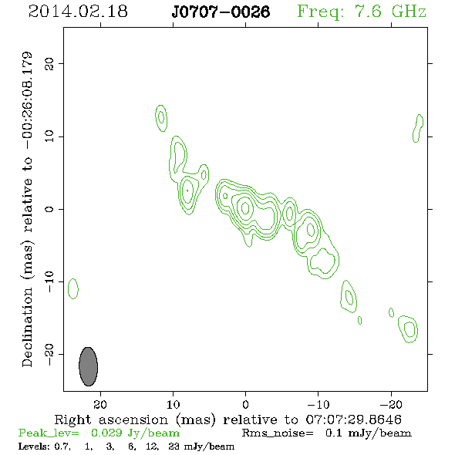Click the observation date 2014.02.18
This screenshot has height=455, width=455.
click(78, 12)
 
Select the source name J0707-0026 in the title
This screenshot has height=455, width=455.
click(221, 12)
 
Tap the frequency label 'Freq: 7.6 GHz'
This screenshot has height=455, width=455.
click(362, 12)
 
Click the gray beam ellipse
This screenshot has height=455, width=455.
click(88, 366)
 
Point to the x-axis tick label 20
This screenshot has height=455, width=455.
click(100, 404)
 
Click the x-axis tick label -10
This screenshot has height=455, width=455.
click(318, 404)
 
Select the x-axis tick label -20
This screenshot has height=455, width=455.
click(391, 404)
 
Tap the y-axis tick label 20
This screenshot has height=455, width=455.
click(49, 63)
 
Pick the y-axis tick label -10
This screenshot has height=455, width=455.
click(49, 281)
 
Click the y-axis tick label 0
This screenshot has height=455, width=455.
click(49, 209)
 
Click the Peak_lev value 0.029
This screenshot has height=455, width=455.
click(106, 433)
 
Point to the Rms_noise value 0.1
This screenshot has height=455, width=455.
click(333, 433)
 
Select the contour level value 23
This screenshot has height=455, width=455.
click(174, 447)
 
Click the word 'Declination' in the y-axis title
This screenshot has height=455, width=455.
click(27, 327)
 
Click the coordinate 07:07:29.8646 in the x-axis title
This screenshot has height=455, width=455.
click(354, 420)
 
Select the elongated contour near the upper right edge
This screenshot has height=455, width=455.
click(418, 128)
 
